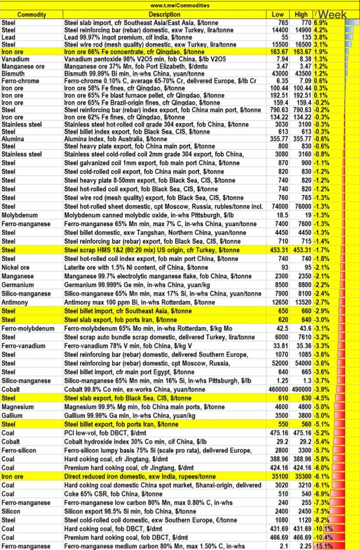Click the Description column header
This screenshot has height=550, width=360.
[x=164, y=14]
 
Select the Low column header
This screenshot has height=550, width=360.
[x=278, y=14]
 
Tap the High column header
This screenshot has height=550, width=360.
[x=301, y=14]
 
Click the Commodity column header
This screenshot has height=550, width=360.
[x=32, y=14]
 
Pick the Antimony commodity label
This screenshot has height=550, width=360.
[x=16, y=301]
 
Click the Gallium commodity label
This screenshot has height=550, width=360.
[x=12, y=416]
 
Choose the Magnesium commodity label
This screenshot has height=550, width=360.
[x=18, y=407]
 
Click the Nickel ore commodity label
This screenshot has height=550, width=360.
[x=16, y=267]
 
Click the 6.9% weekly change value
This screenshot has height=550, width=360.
[x=321, y=23]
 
